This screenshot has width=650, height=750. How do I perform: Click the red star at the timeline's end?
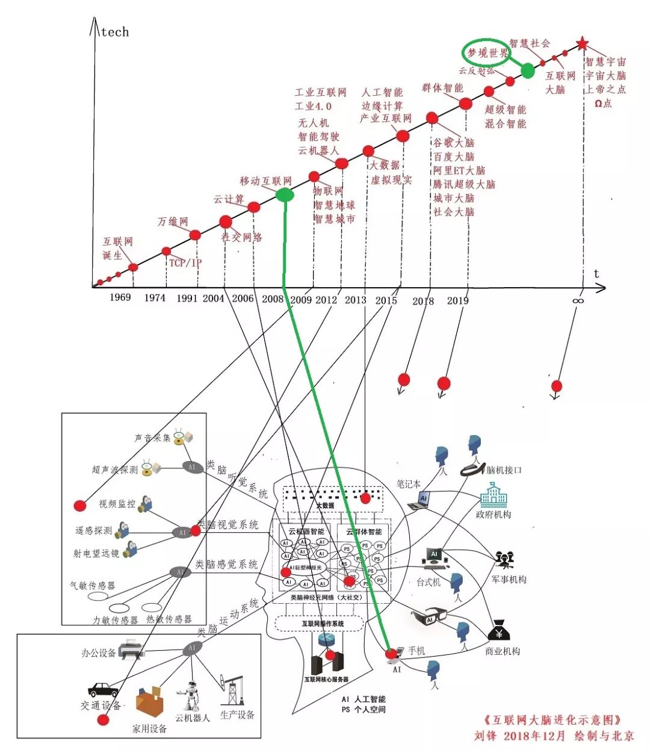tap(582, 43)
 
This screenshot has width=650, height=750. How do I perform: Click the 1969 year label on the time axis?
tap(120, 297)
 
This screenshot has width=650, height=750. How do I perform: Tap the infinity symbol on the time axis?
tap(578, 299)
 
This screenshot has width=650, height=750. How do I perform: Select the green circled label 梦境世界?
tap(487, 53)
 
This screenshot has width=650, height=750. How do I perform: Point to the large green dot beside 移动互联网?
tap(285, 194)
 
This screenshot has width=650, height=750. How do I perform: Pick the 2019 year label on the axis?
tap(457, 300)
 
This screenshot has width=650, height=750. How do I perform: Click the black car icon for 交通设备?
tap(103, 689)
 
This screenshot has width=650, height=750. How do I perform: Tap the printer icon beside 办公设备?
tap(131, 649)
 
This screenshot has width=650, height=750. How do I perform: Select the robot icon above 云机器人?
tap(192, 696)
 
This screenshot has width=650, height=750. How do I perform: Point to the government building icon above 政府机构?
tap(494, 495)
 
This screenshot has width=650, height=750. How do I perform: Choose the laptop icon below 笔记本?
tap(420, 501)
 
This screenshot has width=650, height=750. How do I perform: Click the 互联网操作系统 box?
tap(323, 624)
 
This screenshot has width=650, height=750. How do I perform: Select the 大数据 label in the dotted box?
tap(325, 506)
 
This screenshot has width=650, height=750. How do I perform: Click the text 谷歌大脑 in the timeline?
tap(454, 143)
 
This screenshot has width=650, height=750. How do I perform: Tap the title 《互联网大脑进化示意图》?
tap(552, 719)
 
